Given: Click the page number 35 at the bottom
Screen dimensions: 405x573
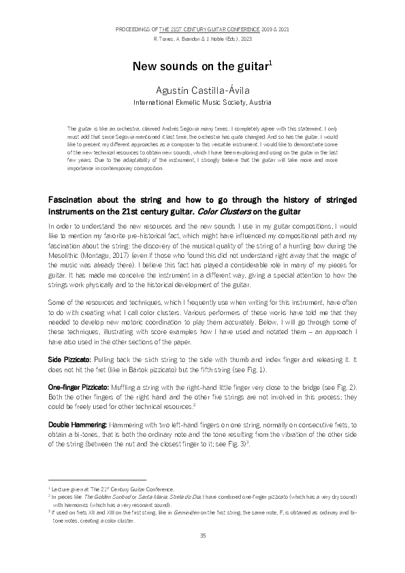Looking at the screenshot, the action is [x=202, y=536].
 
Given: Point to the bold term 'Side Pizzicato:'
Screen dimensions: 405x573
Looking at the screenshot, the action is [x=70, y=358].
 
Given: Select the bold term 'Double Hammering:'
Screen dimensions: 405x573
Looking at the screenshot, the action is [x=74, y=424].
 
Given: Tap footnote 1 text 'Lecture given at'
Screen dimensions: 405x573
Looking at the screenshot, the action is [x=74, y=489].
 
